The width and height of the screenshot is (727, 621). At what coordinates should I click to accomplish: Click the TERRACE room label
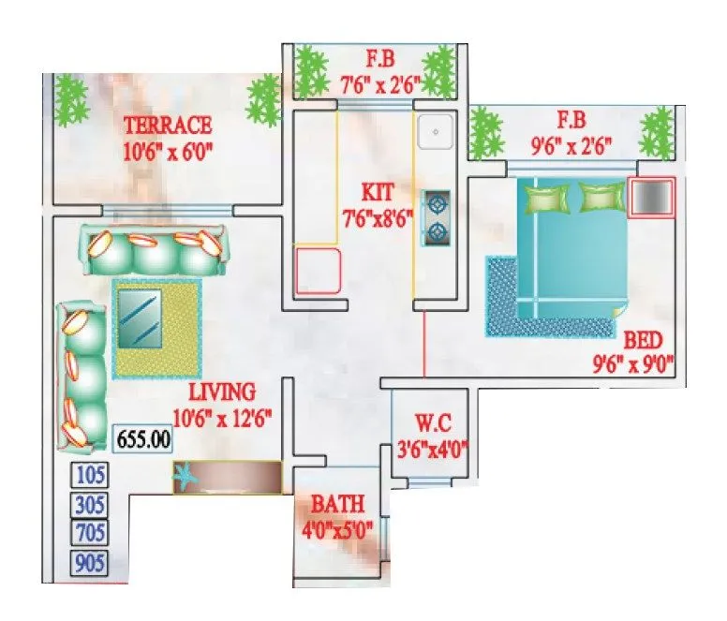click(169, 125)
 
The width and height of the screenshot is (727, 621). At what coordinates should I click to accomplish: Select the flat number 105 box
click(91, 476)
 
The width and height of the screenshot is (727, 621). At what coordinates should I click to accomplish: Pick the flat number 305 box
click(91, 505)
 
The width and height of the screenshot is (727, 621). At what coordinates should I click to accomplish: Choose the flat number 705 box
click(91, 534)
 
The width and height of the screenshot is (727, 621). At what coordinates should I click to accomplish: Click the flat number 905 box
click(91, 563)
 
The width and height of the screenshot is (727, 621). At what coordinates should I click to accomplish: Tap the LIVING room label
click(221, 392)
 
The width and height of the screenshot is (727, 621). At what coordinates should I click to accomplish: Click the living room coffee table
click(156, 328)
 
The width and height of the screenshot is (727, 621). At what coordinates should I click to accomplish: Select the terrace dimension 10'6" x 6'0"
click(169, 150)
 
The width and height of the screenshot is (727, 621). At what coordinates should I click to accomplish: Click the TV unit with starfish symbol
click(228, 477)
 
